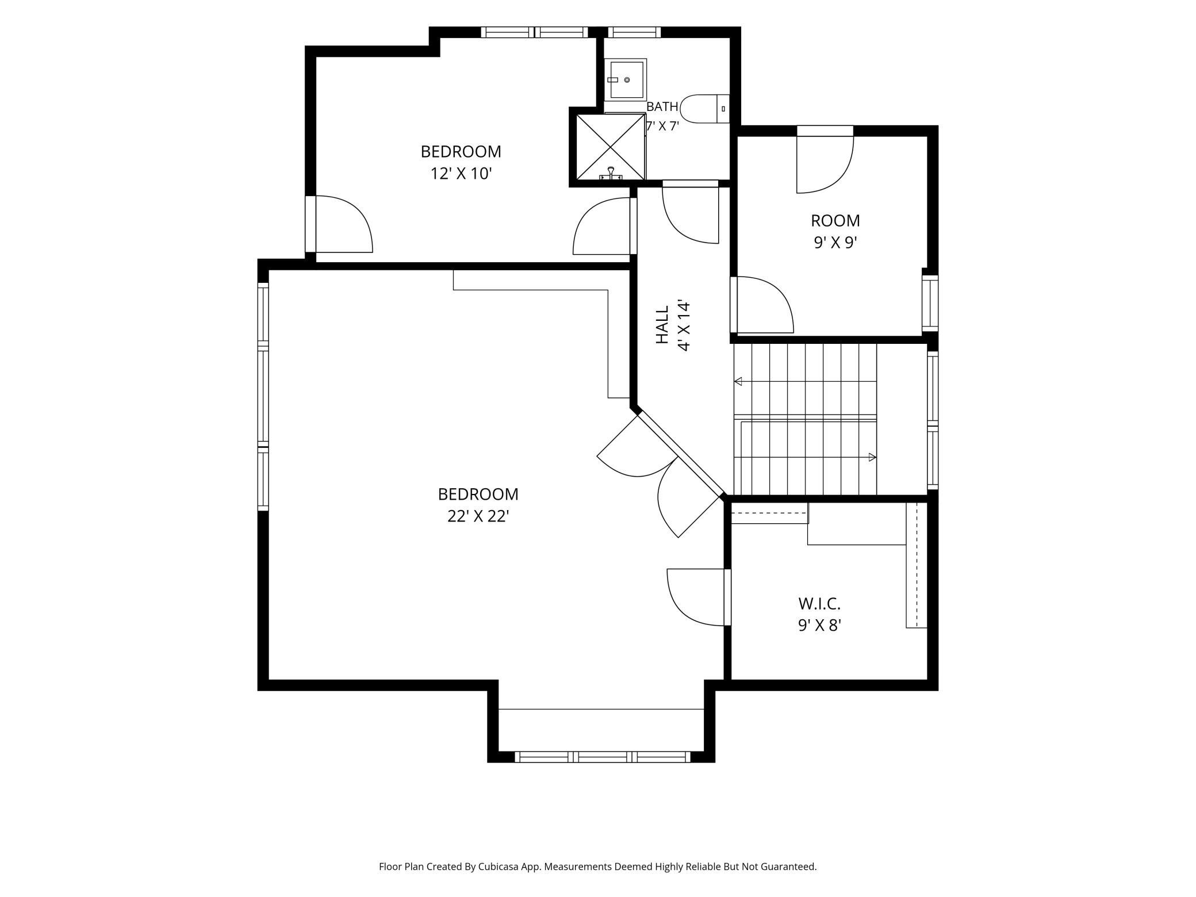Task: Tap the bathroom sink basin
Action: click(x=626, y=79)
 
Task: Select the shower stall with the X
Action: click(x=610, y=147)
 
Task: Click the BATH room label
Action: click(x=662, y=107)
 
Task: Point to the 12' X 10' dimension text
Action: click(x=461, y=173)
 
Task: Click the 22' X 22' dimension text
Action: click(x=478, y=516)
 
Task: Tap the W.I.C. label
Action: click(x=819, y=604)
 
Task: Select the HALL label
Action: click(x=663, y=325)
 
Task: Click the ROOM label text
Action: click(x=835, y=220)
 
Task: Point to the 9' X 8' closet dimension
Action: click(x=819, y=625)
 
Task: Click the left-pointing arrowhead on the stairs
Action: click(x=738, y=381)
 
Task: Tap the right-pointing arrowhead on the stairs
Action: click(x=872, y=457)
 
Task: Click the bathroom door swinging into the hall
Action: click(x=690, y=212)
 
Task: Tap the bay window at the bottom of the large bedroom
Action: click(x=602, y=757)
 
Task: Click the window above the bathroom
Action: click(x=634, y=32)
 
